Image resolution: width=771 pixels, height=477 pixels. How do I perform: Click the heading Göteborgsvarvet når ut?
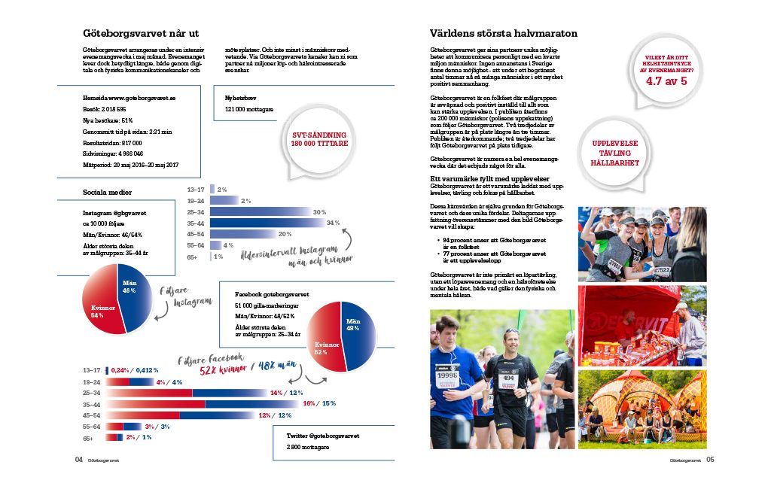[x=140, y=34]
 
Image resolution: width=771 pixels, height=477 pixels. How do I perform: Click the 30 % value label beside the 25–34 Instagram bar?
[x=319, y=211]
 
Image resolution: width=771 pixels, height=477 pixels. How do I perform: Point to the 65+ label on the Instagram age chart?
[x=193, y=257]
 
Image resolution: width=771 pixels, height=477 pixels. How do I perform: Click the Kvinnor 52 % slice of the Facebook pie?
[x=322, y=347]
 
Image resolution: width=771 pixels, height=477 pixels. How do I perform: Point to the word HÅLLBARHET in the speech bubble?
[x=615, y=163]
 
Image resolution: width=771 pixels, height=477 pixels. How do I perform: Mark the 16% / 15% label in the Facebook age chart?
[x=319, y=404]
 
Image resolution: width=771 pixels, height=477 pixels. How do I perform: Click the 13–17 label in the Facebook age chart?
[x=91, y=370]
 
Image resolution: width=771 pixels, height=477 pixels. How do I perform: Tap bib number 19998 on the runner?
[x=447, y=375]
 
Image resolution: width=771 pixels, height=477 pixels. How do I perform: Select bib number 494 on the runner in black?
[x=509, y=378]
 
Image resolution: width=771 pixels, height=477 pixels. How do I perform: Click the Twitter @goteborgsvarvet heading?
[x=322, y=436]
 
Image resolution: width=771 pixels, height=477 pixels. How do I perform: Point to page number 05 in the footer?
[x=710, y=460]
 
